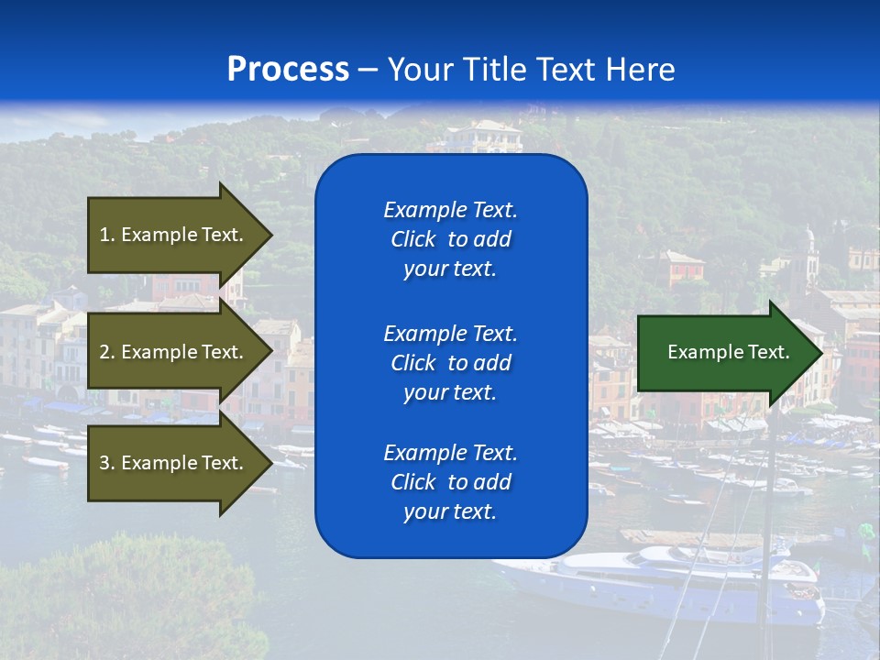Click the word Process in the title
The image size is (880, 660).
288,70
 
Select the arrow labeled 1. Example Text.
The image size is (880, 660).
174,235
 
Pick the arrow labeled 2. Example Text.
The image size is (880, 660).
174,352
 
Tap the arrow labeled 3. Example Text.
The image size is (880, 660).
174,463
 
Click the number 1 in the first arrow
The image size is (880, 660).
104,235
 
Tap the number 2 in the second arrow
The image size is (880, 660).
104,352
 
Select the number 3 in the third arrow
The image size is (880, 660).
104,463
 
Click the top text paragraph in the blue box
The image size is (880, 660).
450,239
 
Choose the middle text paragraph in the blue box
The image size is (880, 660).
450,363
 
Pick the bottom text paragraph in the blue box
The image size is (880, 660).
450,482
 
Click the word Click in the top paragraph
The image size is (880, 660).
412,239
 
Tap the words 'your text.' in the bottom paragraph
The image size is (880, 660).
450,511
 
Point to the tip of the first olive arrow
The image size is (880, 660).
270,235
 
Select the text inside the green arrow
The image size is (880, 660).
729,352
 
